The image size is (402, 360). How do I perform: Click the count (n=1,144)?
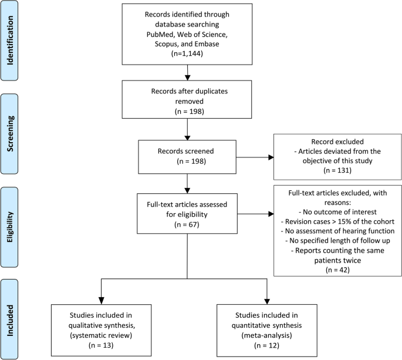click(x=187, y=53)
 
